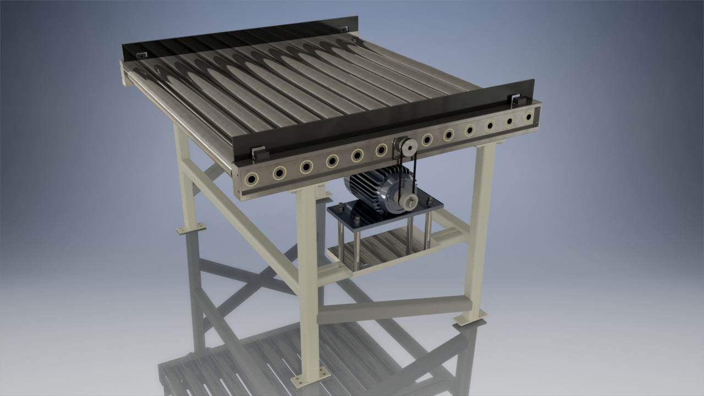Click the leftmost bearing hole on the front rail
pyautogui.click(x=252, y=179)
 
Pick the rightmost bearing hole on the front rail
pyautogui.click(x=529, y=117)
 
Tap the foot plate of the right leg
pyautogui.click(x=470, y=318)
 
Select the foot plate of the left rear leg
pyautogui.click(x=190, y=228)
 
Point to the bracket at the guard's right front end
pyautogui.click(x=515, y=101)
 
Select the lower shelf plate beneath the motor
pyautogui.click(x=380, y=248)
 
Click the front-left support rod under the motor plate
pyautogui.click(x=341, y=242)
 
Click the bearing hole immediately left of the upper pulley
pyautogui.click(x=381, y=150)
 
